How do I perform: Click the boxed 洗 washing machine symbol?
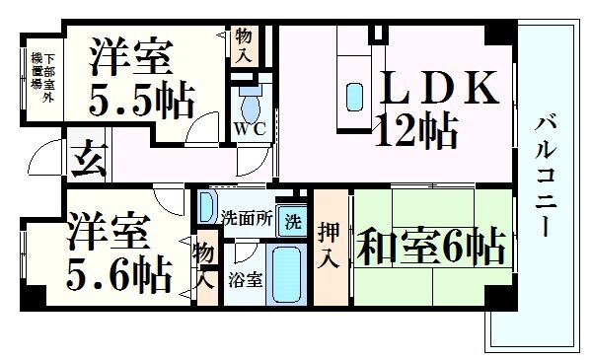[293, 218]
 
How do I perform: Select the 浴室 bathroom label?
[245, 278]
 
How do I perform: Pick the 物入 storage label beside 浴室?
[204, 265]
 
